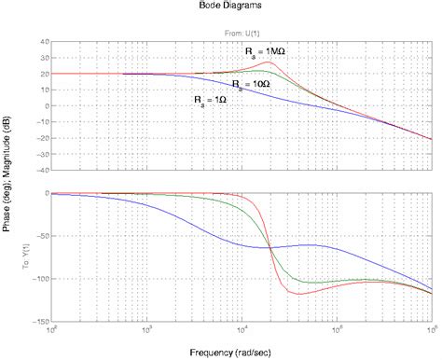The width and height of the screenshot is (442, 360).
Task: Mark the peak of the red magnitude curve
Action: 269,62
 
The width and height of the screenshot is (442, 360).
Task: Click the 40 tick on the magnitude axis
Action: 44,42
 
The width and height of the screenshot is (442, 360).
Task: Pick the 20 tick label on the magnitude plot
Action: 44,74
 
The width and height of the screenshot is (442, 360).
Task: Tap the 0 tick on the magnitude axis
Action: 46,106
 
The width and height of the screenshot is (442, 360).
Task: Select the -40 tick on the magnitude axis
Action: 42,171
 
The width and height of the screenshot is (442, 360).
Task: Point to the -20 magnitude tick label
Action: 42,138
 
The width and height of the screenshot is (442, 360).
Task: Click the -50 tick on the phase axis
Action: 42,236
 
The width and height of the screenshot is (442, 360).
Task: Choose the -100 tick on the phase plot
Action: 40,278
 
